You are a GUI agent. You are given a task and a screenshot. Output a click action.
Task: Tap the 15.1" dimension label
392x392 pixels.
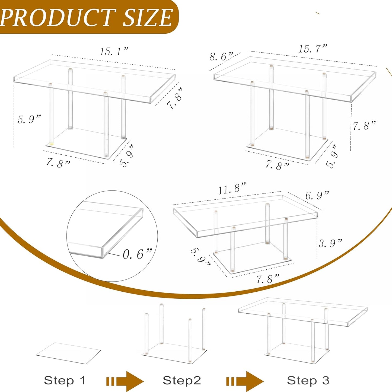pos(114,51)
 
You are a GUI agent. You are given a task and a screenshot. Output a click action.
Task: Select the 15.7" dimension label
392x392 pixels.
pos(313,49)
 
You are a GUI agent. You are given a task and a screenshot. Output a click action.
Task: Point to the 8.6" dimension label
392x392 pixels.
pos(221,56)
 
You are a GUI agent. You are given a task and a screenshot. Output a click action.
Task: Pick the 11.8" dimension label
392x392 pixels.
pos(232,189)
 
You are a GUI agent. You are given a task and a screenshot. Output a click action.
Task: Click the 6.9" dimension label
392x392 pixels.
pos(317,195)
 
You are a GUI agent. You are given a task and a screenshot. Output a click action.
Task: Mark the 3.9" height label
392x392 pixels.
pos(330,243)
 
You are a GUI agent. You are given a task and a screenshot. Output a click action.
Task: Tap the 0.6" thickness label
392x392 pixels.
pos(137,254)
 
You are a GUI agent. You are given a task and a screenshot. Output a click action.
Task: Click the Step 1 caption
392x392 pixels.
pos(65,380)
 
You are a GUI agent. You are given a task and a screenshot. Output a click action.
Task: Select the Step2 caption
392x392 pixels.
pos(181,380)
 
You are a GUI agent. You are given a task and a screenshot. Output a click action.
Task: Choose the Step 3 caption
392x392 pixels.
pos(308,380)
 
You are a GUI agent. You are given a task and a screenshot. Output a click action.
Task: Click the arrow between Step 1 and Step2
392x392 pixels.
pos(125,381)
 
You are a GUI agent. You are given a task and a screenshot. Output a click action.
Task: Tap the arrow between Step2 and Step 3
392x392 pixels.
pos(245,381)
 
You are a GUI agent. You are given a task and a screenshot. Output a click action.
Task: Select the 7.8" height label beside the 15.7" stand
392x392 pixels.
pos(364,126)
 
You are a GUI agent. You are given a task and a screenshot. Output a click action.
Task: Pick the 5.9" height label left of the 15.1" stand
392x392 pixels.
pos(29,119)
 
